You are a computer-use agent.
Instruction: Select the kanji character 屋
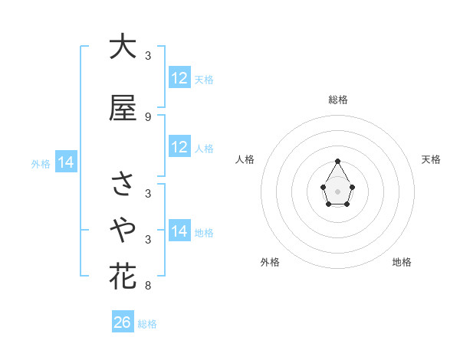[x=123, y=108]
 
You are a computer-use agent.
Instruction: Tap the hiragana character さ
[x=123, y=184]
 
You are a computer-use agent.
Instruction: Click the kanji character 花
[x=123, y=276]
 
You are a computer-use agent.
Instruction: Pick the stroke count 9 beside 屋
[x=147, y=116]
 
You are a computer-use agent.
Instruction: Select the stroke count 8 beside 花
[x=147, y=286]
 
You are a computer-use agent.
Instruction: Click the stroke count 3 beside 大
[x=147, y=56]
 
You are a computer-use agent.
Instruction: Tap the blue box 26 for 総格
[x=123, y=322]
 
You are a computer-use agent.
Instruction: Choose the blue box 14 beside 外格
[x=65, y=162]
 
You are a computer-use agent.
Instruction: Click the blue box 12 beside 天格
[x=179, y=77]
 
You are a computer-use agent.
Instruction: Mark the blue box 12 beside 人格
[x=179, y=147]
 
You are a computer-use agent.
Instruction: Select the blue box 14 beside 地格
[x=179, y=231]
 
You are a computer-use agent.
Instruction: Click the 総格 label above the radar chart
[x=338, y=100]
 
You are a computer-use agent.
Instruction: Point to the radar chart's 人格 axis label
[x=246, y=159]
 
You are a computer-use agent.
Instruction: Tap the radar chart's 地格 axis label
[x=402, y=262]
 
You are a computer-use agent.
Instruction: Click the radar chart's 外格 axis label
[x=270, y=262]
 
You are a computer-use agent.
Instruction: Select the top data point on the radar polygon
[x=338, y=161]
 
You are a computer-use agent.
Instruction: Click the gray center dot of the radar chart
[x=338, y=190]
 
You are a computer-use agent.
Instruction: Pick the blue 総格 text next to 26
[x=147, y=324]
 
